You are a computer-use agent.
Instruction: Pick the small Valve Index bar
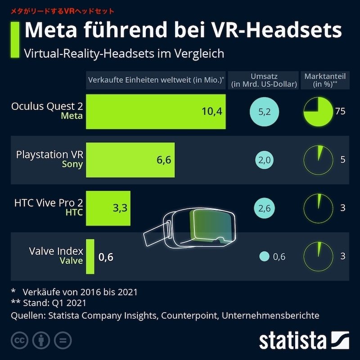click(90, 256)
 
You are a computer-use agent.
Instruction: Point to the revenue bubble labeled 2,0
click(265, 160)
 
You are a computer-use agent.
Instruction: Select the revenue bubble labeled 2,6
click(265, 208)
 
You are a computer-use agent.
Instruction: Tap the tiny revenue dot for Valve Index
click(264, 257)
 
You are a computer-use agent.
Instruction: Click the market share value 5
click(343, 160)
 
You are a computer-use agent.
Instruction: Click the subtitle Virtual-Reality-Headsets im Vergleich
click(124, 53)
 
